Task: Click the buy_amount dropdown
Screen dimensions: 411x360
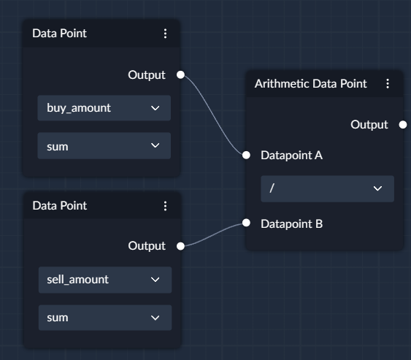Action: [x=104, y=108]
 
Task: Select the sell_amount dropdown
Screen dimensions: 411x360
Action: [x=105, y=280]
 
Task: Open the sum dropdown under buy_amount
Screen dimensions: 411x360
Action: [x=104, y=146]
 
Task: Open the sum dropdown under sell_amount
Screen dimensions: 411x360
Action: [x=105, y=318]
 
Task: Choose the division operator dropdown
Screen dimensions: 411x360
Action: [x=327, y=188]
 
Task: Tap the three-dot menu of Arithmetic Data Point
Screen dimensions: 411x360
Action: [x=388, y=84]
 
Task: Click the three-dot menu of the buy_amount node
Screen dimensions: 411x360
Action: [x=165, y=34]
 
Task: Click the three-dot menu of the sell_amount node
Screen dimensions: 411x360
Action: [x=165, y=206]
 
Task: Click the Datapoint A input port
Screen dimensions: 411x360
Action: [x=246, y=156]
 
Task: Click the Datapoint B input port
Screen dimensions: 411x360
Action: [x=246, y=223]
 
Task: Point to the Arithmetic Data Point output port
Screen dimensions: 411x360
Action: [x=403, y=125]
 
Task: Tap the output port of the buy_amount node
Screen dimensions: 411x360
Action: [x=180, y=74]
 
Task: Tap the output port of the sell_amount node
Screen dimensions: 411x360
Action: [x=180, y=246]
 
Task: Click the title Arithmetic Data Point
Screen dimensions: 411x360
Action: [x=310, y=84]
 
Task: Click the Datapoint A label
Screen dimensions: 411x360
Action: [x=291, y=156]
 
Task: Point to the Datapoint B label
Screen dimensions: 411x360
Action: [x=291, y=224]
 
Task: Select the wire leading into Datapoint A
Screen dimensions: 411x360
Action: [x=214, y=115]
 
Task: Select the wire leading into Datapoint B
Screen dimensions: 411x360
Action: [x=213, y=234]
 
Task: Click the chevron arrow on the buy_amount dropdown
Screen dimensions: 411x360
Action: [x=155, y=108]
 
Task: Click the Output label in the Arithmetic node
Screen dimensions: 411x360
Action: [x=369, y=125]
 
